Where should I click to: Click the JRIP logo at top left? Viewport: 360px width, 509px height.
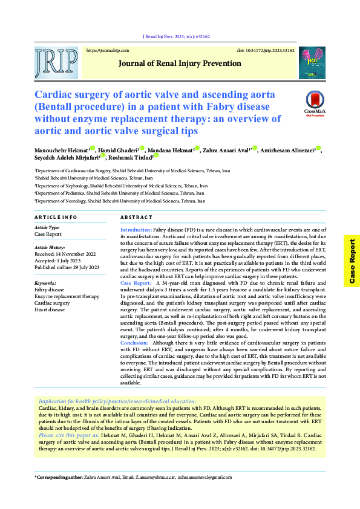point(56,63)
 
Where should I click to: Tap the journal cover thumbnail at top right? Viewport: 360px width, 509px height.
point(312,63)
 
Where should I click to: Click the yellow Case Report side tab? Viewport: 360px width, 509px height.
point(352,261)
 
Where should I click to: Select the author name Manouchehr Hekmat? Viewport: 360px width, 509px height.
point(62,149)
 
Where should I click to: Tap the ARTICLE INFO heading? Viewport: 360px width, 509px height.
point(56,216)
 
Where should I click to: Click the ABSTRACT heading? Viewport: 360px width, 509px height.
point(136,216)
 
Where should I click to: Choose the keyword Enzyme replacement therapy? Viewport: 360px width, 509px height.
point(67,297)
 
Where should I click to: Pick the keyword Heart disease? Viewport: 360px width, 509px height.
point(50,310)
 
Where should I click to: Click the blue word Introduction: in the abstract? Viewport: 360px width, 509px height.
point(136,230)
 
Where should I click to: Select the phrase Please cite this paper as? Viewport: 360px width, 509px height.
point(70,435)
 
